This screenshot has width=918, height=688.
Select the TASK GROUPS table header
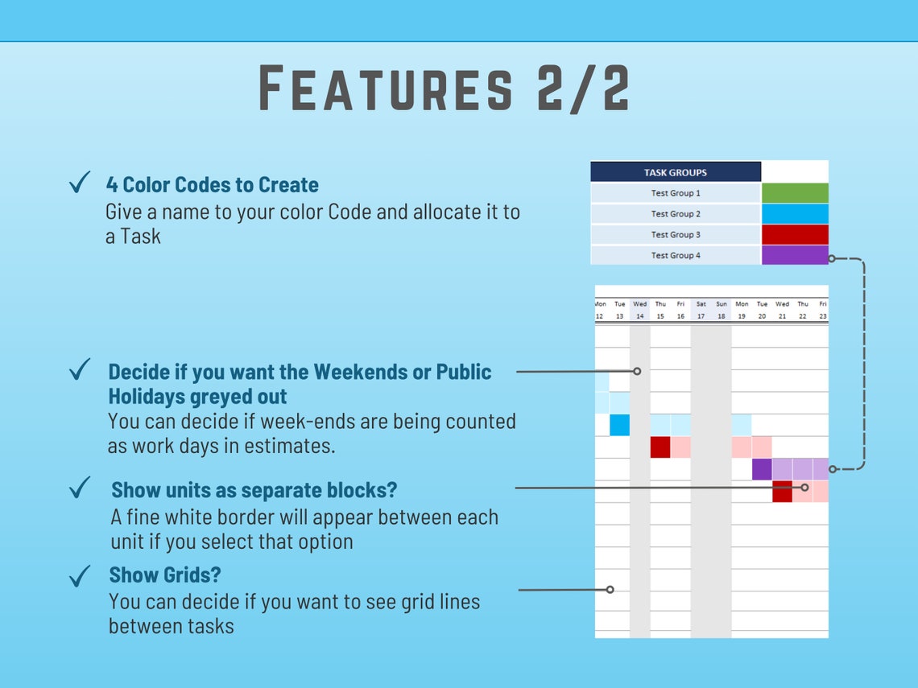(675, 172)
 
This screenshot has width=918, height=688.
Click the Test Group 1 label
(675, 193)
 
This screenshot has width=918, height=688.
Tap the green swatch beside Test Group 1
(794, 193)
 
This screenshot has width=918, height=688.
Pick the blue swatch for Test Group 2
(794, 214)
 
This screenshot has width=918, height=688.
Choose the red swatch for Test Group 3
(794, 235)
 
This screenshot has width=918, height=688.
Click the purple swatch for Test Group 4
(794, 255)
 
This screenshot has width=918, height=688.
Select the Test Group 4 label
(675, 255)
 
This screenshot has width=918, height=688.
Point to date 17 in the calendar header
(701, 316)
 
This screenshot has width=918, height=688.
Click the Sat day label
(701, 304)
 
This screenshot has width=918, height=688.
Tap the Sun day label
(722, 304)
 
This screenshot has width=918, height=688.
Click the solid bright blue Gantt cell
(619, 425)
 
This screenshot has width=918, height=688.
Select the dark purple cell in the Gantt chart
(762, 469)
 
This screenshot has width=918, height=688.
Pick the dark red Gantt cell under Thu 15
(660, 447)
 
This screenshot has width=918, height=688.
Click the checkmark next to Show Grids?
(80, 576)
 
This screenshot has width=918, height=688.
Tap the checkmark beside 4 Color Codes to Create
(80, 184)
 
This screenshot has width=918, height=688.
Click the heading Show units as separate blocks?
(254, 490)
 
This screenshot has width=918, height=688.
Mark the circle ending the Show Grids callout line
(610, 590)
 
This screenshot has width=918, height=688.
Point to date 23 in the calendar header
(822, 316)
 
